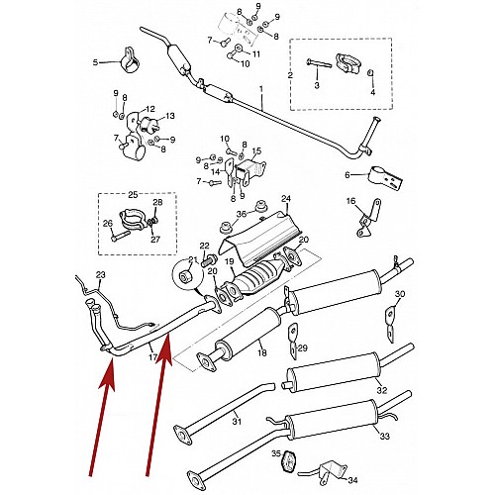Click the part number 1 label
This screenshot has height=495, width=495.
tap(261, 89)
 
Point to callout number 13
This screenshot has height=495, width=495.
tap(170, 116)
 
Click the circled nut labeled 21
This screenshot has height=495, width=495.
tap(184, 276)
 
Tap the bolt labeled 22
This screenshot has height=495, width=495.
tap(209, 260)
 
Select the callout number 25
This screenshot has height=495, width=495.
tap(133, 195)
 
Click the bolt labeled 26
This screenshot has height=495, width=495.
tap(121, 236)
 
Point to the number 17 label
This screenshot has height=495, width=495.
tap(152, 356)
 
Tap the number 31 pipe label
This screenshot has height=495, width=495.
tap(237, 421)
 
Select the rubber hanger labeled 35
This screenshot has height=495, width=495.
tap(288, 461)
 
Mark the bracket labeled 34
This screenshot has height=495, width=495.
tap(327, 471)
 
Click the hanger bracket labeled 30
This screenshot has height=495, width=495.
tap(389, 324)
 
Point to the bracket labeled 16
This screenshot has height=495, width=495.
tap(368, 218)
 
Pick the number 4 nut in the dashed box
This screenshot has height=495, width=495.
tap(370, 73)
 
